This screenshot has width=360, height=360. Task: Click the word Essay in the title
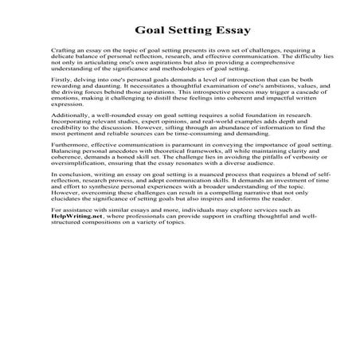pyautogui.click(x=227, y=31)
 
